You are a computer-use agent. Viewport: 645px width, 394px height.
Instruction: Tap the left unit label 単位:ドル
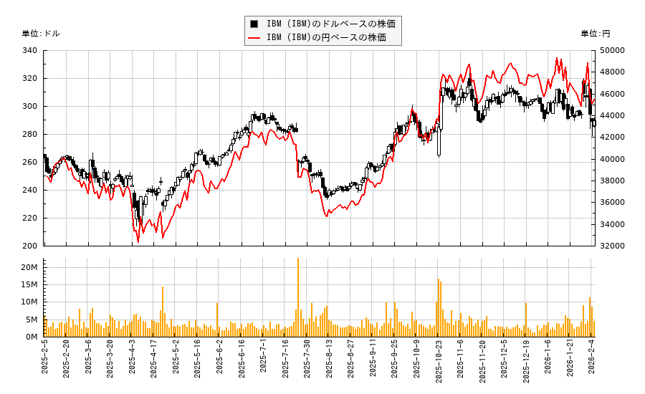tap(41, 34)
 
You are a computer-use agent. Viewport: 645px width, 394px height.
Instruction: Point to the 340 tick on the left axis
tap(30, 51)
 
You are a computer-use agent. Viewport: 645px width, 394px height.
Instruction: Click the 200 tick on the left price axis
tap(30, 246)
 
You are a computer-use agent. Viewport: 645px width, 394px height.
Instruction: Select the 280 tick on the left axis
tap(30, 134)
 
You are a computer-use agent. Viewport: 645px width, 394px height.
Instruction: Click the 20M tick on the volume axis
tap(29, 267)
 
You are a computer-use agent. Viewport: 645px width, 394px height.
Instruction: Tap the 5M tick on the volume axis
tap(32, 319)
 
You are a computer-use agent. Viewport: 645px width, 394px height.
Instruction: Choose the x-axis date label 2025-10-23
tap(439, 362)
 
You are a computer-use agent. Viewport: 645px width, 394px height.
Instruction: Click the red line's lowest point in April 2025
tap(138, 241)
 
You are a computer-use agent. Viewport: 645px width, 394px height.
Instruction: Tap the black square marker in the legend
tap(254, 24)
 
